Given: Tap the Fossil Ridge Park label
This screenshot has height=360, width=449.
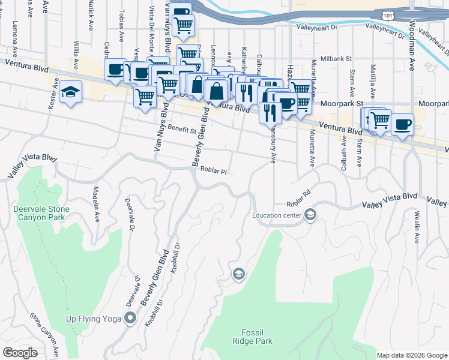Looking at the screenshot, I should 257,337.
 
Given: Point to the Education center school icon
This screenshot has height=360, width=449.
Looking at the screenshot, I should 310,215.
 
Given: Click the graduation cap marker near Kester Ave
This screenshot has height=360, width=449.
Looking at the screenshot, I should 70,92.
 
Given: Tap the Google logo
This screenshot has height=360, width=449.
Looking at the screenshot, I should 20,353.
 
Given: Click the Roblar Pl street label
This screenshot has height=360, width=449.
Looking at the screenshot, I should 214,171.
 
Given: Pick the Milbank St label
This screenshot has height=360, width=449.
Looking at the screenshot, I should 334,59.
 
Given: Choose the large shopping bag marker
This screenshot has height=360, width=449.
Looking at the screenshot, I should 216,92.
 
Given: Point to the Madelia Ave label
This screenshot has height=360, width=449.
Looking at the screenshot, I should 95,204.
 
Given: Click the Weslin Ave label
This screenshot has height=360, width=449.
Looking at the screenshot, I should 416,226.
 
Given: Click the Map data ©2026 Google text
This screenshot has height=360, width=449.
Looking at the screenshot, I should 412,355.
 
